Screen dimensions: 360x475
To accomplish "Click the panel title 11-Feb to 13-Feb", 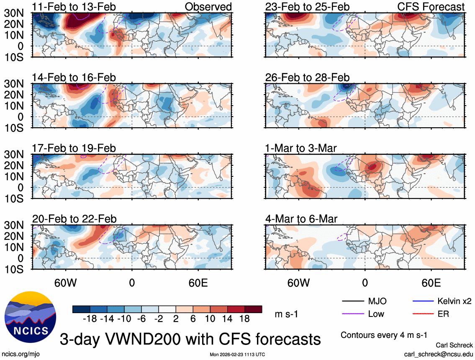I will coord(74,7).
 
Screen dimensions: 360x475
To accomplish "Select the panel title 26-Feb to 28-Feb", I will coord(307,77).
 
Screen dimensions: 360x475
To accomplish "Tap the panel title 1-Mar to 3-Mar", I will coord(301,148).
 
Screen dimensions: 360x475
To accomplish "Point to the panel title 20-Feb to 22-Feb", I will coord(74,219).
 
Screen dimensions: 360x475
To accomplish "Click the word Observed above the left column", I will coord(208,7).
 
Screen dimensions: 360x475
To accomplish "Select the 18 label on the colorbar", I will coord(244,319).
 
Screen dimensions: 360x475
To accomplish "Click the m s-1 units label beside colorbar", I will coord(286,314).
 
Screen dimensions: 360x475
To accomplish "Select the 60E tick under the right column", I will coord(431,283).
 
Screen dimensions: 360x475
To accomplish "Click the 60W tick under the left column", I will coord(66,283).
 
